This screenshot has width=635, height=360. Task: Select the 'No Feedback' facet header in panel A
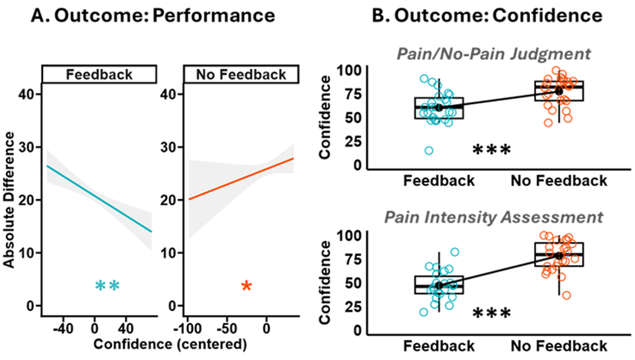238,74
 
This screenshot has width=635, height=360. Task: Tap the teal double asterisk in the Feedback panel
106,286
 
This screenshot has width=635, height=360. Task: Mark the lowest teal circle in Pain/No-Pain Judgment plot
429,151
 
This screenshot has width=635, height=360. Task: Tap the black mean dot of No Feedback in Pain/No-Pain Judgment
559,91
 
